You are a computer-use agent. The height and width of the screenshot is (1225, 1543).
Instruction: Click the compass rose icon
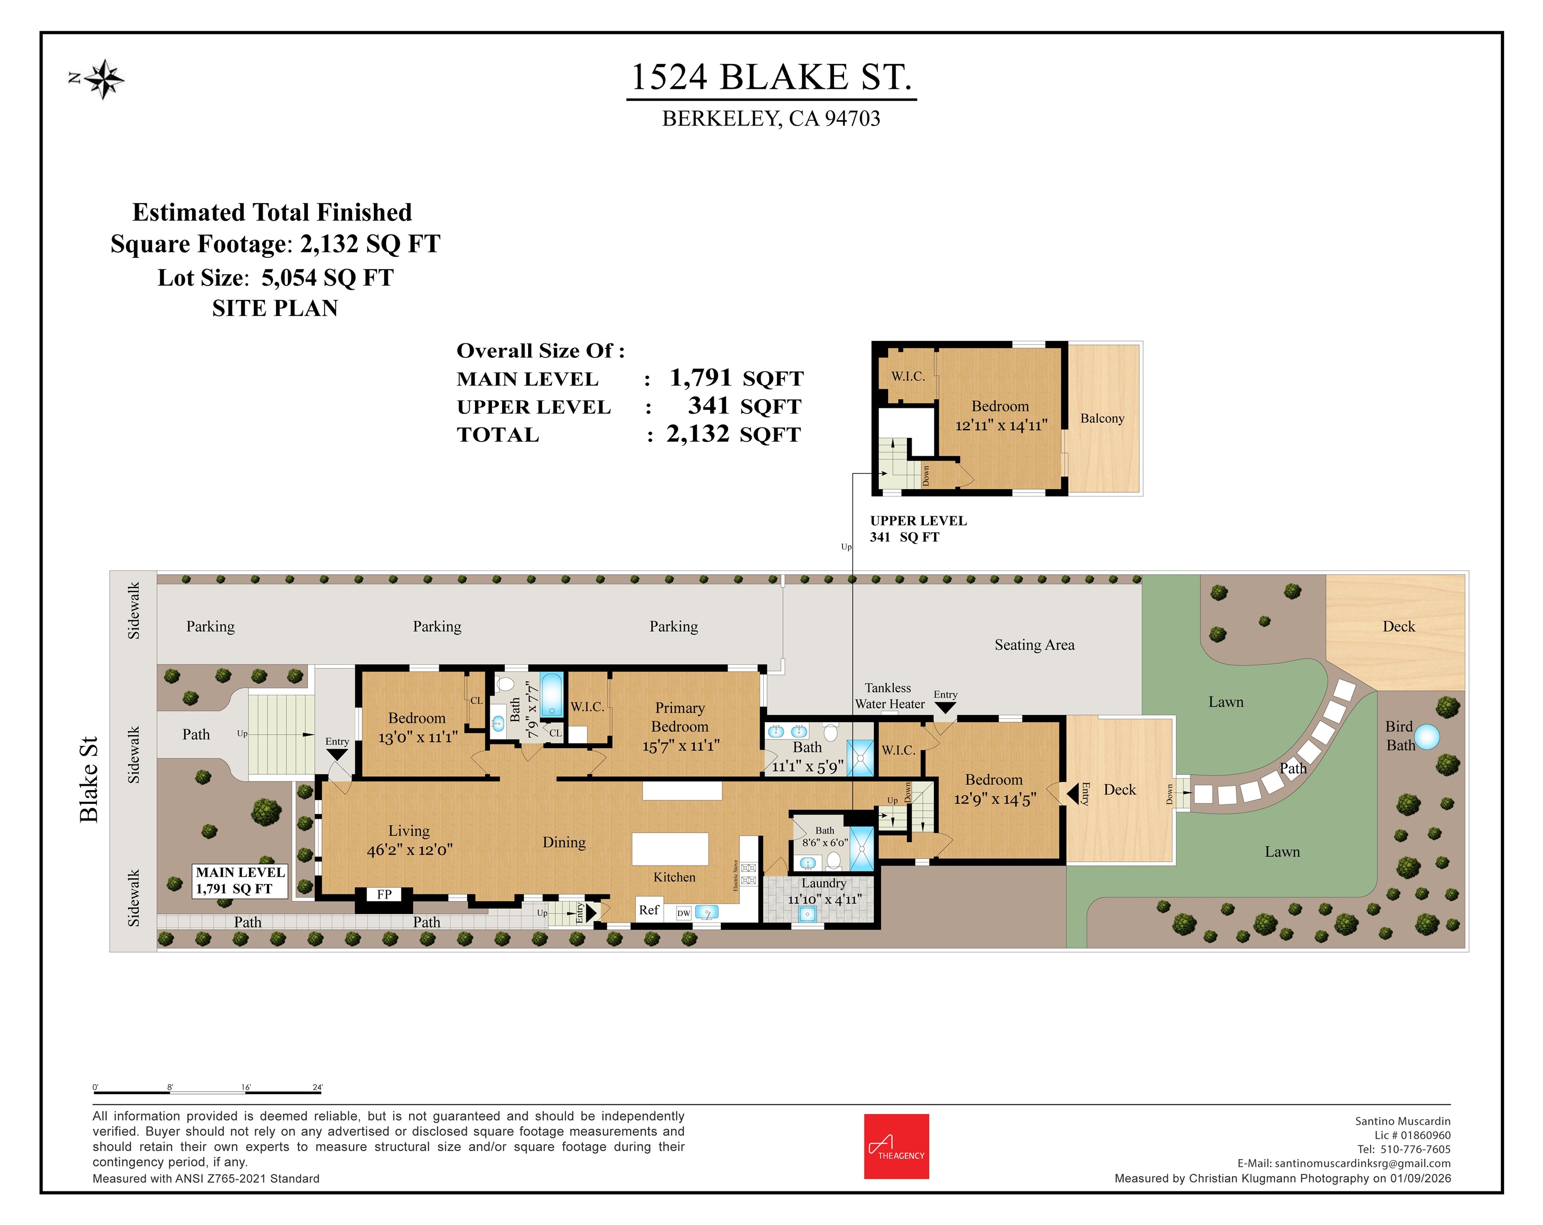click(104, 79)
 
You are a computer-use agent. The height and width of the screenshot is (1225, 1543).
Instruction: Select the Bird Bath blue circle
click(1427, 737)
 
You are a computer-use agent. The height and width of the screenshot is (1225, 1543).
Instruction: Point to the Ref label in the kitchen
click(648, 910)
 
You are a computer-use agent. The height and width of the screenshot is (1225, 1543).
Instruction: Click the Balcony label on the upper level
click(1102, 418)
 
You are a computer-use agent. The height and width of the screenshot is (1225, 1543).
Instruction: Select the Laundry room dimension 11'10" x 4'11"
click(824, 900)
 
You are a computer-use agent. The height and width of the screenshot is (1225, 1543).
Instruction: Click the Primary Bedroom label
click(680, 717)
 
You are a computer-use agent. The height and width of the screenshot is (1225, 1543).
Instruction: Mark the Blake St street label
click(89, 779)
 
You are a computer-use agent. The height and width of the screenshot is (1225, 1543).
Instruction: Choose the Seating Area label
click(1034, 645)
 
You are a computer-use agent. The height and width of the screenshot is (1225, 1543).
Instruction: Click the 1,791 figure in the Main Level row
click(700, 378)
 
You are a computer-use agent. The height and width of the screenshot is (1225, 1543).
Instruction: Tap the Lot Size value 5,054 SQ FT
click(328, 278)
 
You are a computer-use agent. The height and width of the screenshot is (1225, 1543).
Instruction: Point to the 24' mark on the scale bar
click(318, 1088)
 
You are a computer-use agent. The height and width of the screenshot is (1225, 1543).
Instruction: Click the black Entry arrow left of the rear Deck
click(1072, 793)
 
